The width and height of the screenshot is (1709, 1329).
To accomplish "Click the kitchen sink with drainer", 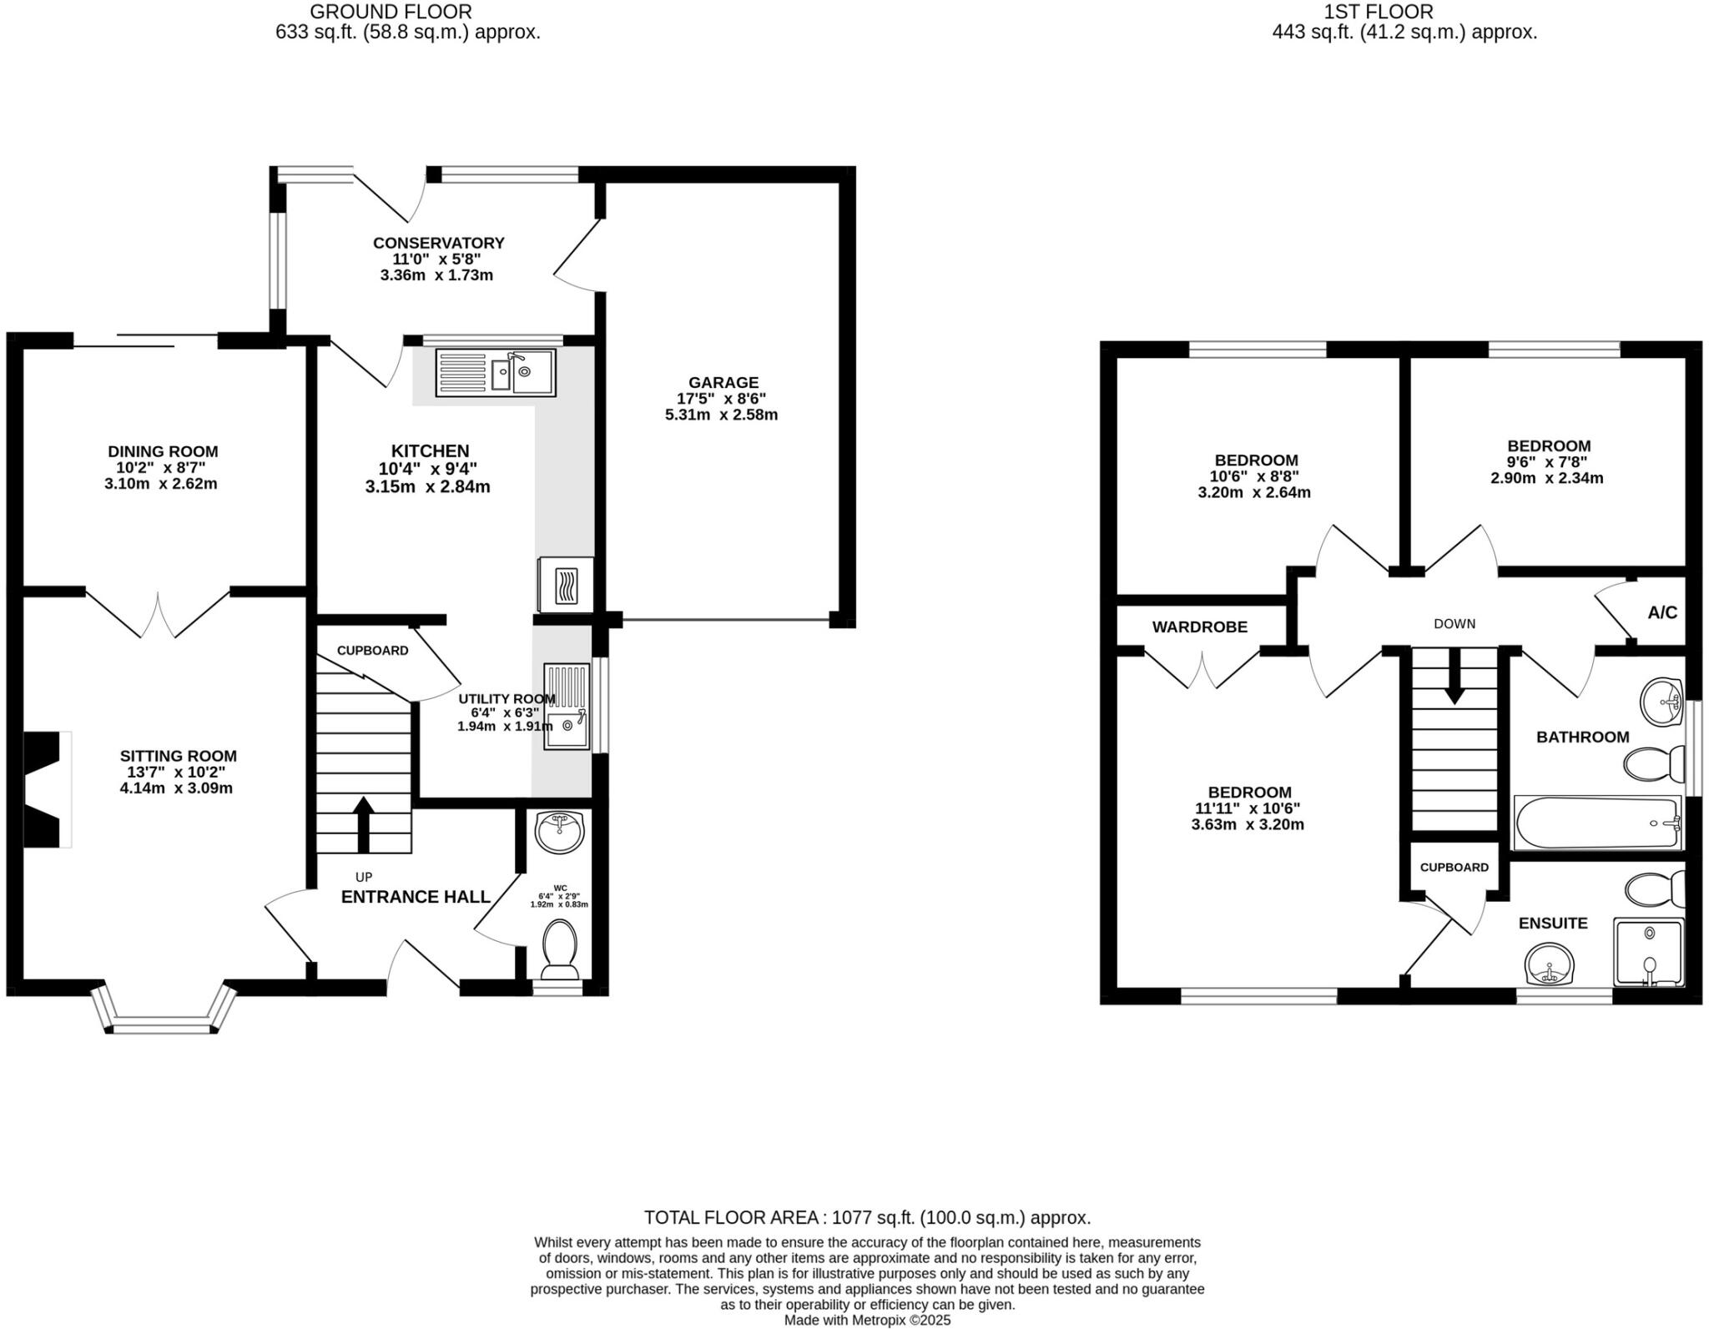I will tap(495, 372).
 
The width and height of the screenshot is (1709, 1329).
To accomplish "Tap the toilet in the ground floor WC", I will tap(558, 949).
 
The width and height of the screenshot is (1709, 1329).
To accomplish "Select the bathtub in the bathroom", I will tap(1596, 823).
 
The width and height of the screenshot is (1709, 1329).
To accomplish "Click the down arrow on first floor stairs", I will tap(1454, 677).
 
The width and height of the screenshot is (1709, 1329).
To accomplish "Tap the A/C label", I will tap(1661, 613).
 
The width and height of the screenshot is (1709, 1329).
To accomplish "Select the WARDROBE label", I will tap(1199, 627).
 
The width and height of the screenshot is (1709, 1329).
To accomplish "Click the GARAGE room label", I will tap(723, 383).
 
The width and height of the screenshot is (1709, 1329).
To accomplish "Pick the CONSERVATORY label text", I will tap(438, 243).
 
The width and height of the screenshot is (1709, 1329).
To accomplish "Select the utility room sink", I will tap(567, 706).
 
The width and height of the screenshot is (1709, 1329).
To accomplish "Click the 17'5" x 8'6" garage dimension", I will tap(721, 399).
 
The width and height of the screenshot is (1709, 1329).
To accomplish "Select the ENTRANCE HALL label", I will tap(416, 897).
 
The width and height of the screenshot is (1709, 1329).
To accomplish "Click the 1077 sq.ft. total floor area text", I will tap(867, 1217).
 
